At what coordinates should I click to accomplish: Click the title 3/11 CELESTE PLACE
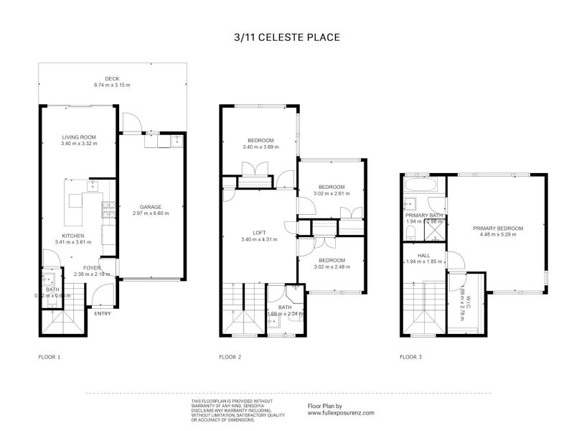(x=286, y=37)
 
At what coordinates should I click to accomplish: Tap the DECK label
(x=111, y=78)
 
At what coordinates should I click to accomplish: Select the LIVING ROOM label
(x=79, y=136)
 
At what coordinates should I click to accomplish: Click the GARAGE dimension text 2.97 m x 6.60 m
(x=150, y=213)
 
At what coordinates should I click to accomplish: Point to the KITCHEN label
(x=73, y=236)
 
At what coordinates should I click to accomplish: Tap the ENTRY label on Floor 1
(x=103, y=313)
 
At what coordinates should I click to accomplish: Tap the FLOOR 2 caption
(x=230, y=356)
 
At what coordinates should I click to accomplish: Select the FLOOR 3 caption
(x=410, y=356)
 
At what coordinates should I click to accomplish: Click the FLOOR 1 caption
(x=49, y=356)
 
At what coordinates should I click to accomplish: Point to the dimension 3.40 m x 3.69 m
(x=260, y=147)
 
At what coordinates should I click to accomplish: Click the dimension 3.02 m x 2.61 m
(x=331, y=193)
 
